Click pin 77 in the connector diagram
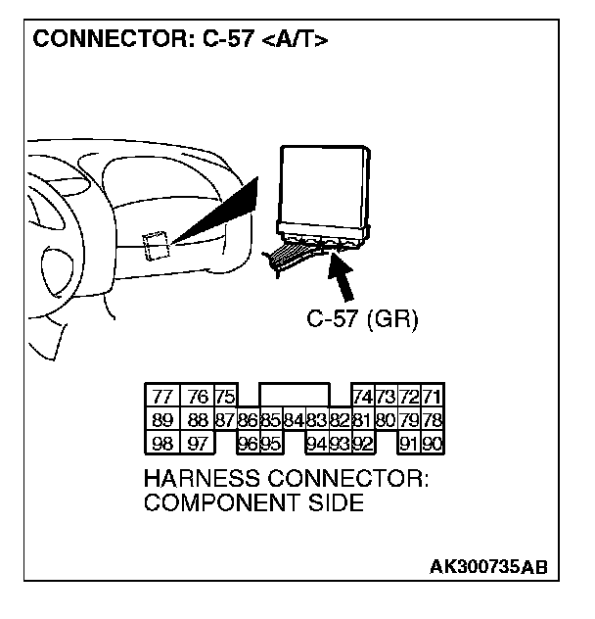[161, 396]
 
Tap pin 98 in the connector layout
[161, 443]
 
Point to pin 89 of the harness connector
[161, 419]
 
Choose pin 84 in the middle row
[294, 419]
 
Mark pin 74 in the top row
[361, 396]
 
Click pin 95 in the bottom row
[270, 443]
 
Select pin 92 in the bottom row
[361, 443]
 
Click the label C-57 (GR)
[363, 320]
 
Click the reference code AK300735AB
[487, 568]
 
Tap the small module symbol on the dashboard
[157, 245]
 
